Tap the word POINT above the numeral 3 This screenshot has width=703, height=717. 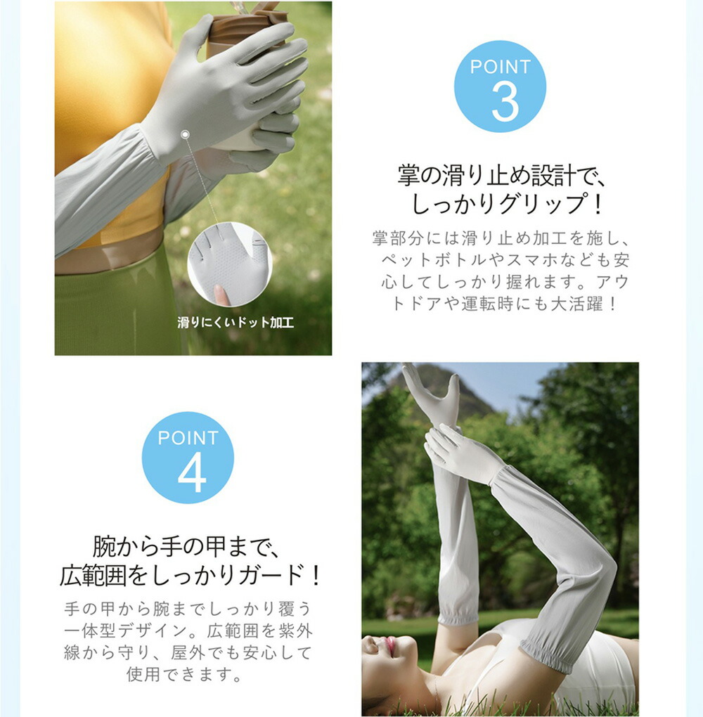(501, 67)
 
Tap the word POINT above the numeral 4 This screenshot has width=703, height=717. (188, 438)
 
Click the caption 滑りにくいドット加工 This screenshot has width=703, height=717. (236, 323)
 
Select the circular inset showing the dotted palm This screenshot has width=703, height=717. (230, 264)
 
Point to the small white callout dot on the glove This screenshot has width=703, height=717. (185, 134)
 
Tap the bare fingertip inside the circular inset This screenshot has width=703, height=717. (222, 295)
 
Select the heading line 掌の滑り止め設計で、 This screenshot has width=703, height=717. (502, 175)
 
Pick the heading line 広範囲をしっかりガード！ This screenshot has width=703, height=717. (190, 575)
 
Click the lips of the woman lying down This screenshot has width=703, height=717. (390, 646)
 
